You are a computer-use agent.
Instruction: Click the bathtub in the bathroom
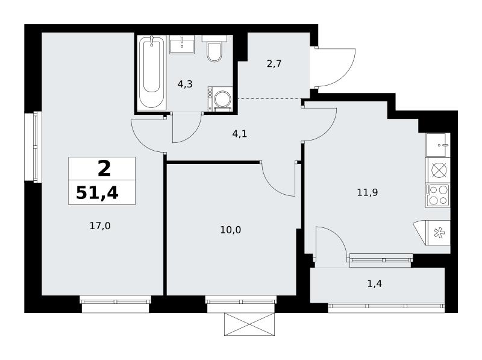pos(152,72)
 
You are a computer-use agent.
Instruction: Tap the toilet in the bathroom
pos(214,49)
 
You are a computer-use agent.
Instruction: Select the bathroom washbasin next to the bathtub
pos(182,45)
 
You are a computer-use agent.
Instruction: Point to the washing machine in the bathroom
pos(220,98)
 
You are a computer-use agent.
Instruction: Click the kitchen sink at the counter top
pos(438,145)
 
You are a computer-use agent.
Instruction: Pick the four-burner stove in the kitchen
pos(438,196)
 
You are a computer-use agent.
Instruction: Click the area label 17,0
pos(100,226)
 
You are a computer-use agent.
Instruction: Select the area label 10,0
pos(231,230)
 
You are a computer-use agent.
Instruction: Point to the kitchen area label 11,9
pos(368,192)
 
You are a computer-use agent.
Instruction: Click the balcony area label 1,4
pos(375,283)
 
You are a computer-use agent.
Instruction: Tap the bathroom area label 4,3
pos(185,84)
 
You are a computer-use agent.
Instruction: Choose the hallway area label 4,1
pos(240,134)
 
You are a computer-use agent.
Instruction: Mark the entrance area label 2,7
pos(274,64)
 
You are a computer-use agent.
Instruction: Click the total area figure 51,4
pos(97,193)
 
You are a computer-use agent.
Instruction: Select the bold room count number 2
pos(104,169)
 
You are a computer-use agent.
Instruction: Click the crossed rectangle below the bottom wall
pos(249,324)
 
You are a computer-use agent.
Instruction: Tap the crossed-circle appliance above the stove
pos(438,170)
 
